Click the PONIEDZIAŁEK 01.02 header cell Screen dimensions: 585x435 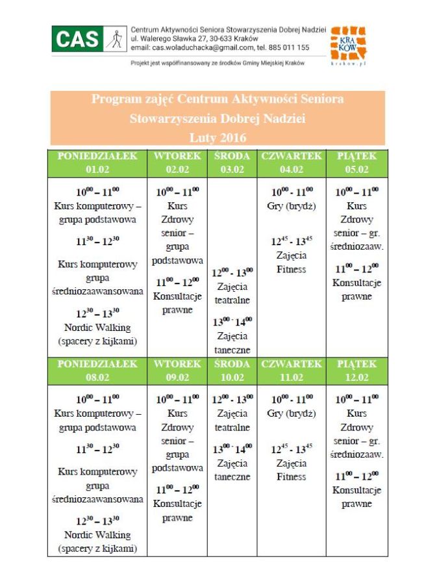click(x=97, y=162)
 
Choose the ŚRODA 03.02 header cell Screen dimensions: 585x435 click(x=232, y=162)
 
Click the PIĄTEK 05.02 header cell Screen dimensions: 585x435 click(x=356, y=162)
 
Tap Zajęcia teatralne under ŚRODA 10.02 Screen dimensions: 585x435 click(x=232, y=421)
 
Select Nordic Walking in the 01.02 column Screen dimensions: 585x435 click(x=97, y=327)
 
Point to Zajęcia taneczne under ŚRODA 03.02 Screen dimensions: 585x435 click(x=232, y=343)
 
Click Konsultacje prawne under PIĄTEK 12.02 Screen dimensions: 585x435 click(x=356, y=497)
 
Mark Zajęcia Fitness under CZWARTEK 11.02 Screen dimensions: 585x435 click(x=292, y=470)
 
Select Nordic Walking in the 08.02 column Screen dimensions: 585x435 click(x=97, y=535)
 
